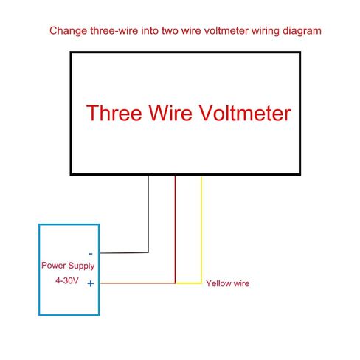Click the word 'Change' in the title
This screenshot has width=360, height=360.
(x=68, y=31)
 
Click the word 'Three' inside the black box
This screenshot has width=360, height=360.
(x=114, y=113)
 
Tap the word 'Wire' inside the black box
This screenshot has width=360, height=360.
(x=170, y=113)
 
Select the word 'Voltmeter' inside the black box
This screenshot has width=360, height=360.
(x=245, y=113)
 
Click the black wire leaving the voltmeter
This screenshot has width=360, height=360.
(x=148, y=214)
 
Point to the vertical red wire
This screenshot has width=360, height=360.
(x=175, y=229)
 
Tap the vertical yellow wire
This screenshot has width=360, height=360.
(x=201, y=229)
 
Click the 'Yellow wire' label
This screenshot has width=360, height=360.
(x=227, y=283)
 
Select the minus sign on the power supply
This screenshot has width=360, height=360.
(x=91, y=254)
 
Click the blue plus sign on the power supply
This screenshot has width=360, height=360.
(x=91, y=283)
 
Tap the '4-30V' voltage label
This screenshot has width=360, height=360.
(x=66, y=280)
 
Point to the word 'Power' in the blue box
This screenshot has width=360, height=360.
(x=54, y=266)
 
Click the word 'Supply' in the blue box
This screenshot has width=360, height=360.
(x=81, y=266)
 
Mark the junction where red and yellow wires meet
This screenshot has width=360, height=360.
(x=176, y=283)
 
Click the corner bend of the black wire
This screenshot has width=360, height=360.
(x=148, y=252)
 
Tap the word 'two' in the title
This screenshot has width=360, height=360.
(x=170, y=31)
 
